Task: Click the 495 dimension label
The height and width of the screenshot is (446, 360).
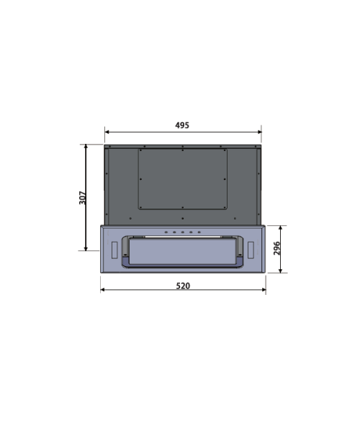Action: pyautogui.click(x=182, y=125)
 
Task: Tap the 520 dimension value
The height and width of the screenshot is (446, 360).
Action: pyautogui.click(x=183, y=286)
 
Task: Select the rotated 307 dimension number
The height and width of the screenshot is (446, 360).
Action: pyautogui.click(x=83, y=198)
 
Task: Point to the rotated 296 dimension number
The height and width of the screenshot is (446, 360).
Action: pyautogui.click(x=276, y=248)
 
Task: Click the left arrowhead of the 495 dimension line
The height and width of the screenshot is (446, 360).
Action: pyautogui.click(x=107, y=132)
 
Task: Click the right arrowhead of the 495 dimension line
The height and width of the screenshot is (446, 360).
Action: pyautogui.click(x=259, y=132)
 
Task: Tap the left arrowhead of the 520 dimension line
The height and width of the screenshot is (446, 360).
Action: pyautogui.click(x=103, y=290)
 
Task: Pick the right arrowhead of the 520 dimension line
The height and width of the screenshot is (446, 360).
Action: pyautogui.click(x=264, y=290)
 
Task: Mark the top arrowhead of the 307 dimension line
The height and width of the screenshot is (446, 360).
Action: pyautogui.click(x=86, y=147)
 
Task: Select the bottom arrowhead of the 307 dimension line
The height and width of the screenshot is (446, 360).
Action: pyautogui.click(x=86, y=248)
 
